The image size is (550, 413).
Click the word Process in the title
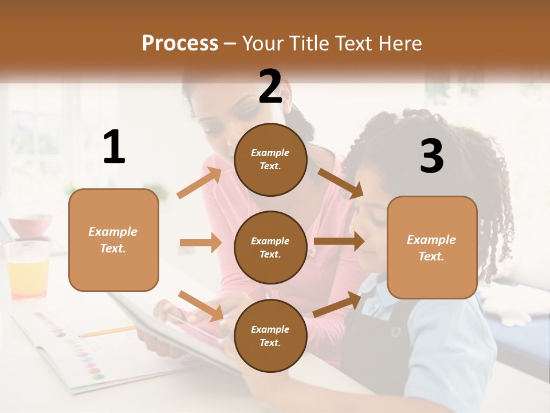(180, 44)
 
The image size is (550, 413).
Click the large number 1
(114, 147)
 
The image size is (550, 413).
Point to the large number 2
(270, 86)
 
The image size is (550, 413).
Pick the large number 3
(431, 157)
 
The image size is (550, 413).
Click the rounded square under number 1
(113, 240)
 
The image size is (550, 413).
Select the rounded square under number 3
(432, 247)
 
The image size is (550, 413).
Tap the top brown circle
(270, 159)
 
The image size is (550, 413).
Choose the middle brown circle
(270, 247)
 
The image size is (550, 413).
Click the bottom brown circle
(270, 336)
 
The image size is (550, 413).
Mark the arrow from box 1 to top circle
(199, 182)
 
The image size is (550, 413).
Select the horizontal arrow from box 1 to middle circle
(201, 243)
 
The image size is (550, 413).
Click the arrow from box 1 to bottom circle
(201, 306)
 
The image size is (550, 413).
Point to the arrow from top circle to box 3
(340, 183)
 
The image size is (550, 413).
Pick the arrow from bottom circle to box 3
(337, 304)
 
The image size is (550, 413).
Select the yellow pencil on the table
(106, 331)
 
